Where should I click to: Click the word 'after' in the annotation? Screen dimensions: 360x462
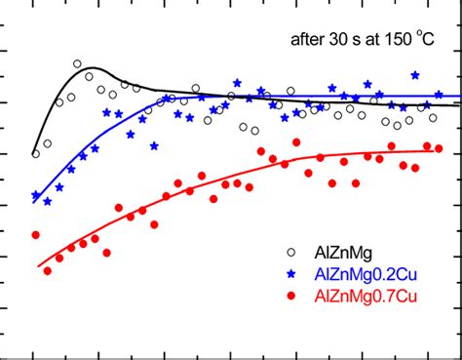[309, 41]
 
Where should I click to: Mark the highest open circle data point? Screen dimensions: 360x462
[78, 64]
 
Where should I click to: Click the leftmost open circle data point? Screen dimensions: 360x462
[36, 153]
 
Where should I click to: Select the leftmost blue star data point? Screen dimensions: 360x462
[36, 196]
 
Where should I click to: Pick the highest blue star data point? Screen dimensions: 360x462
[415, 74]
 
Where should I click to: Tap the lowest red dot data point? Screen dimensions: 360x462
[47, 270]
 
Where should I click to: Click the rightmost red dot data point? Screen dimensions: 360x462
[440, 149]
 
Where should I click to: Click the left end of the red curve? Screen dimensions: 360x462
[39, 265]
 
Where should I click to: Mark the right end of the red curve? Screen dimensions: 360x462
[434, 150]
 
